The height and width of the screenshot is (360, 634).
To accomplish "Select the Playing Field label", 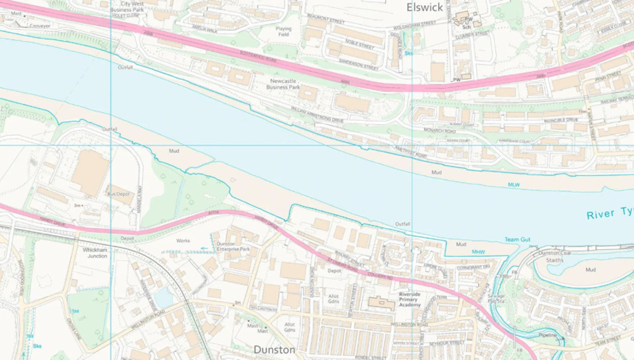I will tap(284, 32).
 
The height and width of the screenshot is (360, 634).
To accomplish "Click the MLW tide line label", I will tap(514, 185).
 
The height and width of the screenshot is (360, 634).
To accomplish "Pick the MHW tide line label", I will tap(478, 252).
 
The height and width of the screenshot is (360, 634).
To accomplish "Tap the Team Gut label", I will tap(517, 240).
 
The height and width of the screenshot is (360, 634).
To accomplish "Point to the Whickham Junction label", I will tap(95, 253).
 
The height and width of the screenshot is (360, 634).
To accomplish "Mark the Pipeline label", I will tap(548, 335).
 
